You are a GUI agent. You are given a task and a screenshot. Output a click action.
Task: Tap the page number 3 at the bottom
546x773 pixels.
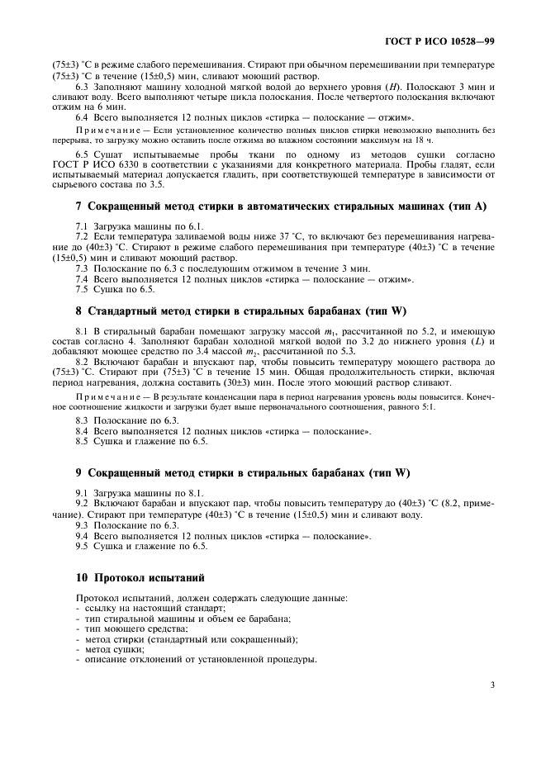[x=492, y=685]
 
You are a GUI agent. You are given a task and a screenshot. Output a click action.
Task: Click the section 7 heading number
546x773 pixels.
[x=78, y=207]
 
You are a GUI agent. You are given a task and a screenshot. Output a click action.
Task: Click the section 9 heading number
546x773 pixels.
[x=78, y=473]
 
